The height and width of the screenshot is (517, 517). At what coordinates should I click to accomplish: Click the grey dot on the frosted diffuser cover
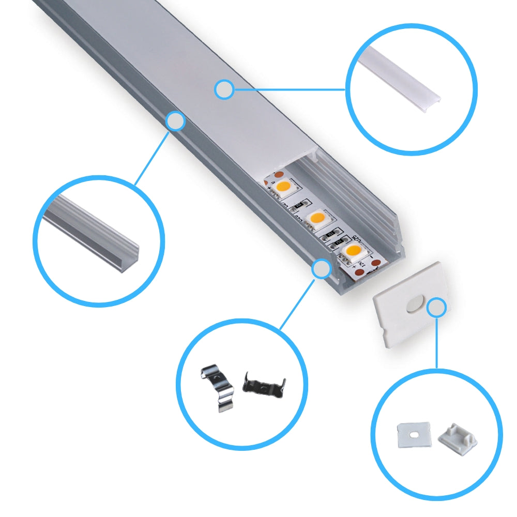click(224, 89)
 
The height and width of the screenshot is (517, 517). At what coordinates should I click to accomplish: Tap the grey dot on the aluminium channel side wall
click(175, 121)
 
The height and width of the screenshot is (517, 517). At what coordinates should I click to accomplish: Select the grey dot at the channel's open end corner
click(322, 269)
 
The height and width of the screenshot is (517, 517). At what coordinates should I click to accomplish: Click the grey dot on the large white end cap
click(437, 308)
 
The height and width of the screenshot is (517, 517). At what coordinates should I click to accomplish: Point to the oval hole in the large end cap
click(414, 305)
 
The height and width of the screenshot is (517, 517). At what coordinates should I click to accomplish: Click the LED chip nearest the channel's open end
click(354, 252)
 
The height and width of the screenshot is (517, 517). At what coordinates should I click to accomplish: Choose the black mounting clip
click(264, 385)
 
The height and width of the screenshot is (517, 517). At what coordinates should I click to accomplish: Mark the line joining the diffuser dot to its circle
click(290, 89)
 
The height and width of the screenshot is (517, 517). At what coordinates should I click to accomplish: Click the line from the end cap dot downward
click(437, 341)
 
